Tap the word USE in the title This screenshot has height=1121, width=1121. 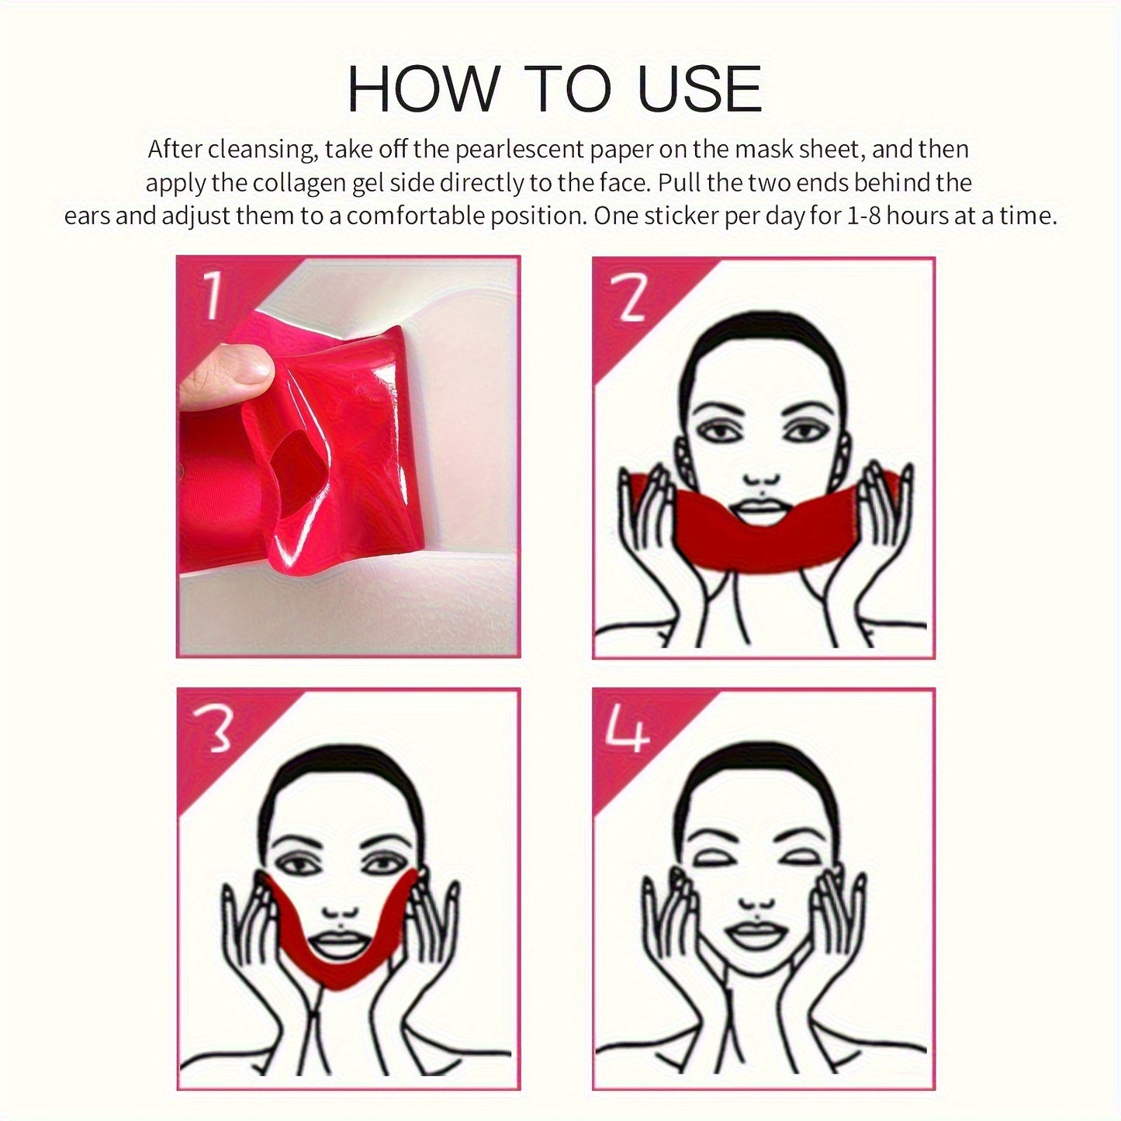pos(699,89)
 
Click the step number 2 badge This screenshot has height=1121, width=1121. pos(627,297)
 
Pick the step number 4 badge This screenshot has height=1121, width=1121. pos(627,729)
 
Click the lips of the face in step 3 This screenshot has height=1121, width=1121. pos(339,945)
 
